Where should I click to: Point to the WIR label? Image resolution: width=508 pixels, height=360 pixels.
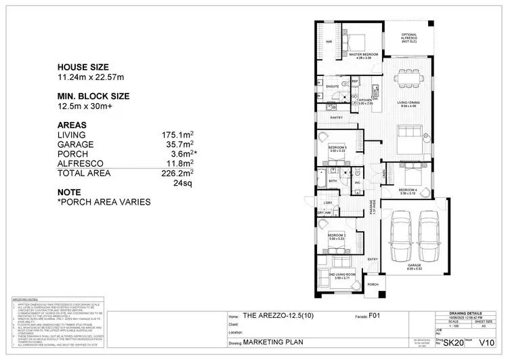click(x=329, y=42)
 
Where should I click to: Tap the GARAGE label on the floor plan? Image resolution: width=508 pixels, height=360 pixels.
click(x=413, y=266)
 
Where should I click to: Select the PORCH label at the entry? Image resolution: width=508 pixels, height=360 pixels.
click(x=373, y=285)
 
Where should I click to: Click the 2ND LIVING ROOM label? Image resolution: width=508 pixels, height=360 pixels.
click(x=337, y=274)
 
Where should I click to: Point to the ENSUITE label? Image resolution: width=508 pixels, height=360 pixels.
click(x=332, y=87)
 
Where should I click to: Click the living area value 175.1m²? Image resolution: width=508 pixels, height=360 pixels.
click(x=179, y=136)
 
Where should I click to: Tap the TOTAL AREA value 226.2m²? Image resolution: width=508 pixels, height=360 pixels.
click(x=179, y=174)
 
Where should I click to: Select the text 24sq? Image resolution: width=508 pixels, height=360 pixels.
click(x=184, y=183)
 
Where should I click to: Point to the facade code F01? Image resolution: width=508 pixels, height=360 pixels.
click(x=374, y=315)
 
